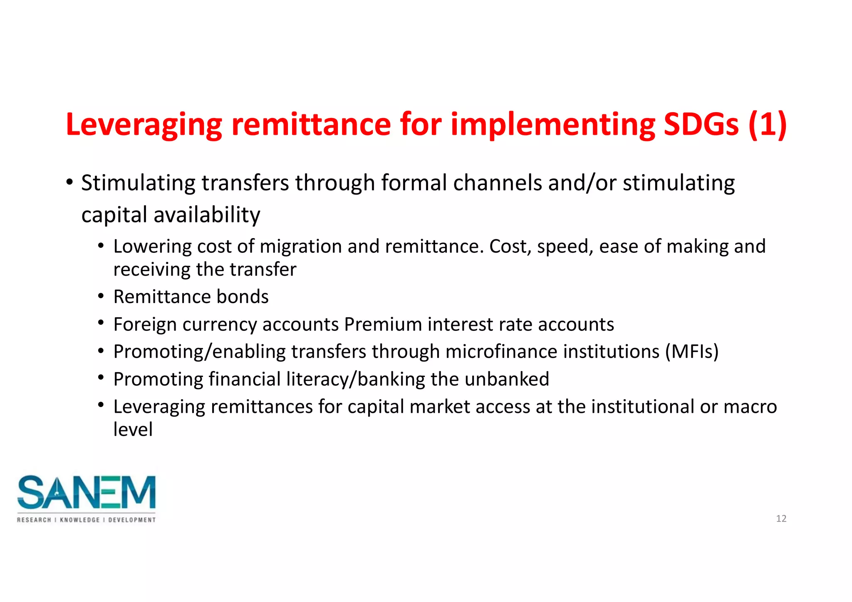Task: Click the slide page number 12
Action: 781,518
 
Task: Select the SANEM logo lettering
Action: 87,493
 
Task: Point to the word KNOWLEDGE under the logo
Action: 80,520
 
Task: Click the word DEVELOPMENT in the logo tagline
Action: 132,520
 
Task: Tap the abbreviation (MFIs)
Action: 691,352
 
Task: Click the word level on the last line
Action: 133,429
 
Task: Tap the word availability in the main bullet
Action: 207,215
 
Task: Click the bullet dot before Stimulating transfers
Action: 69,183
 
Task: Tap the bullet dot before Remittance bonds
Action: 101,296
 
